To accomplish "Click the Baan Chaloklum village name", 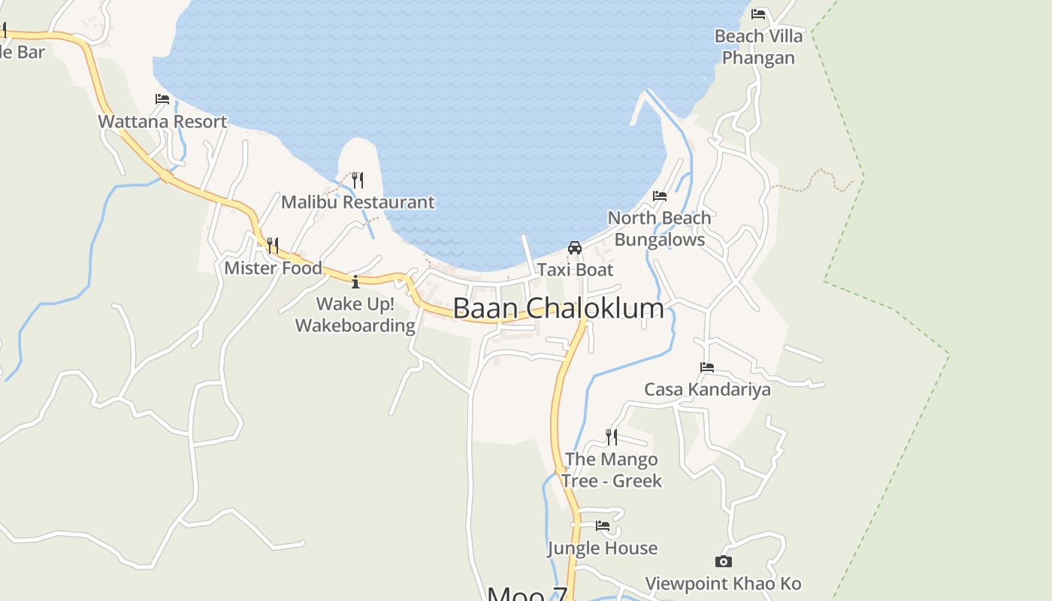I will point(558,309).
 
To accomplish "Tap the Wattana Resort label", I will point(162,122).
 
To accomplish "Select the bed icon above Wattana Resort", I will point(162,99).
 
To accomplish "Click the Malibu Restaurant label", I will point(358,202).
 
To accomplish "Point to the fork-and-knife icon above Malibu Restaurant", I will point(358,180).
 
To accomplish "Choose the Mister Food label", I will point(274,268).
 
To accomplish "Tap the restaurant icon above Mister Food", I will point(273,246).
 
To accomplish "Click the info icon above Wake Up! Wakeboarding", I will point(355,282).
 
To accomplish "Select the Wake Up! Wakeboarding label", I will point(355,315).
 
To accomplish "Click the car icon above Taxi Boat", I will point(575,248).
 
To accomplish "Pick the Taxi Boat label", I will point(575,270).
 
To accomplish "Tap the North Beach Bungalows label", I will point(659,228).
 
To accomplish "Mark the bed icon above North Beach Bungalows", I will point(660,196).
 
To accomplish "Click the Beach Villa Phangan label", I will point(758,47).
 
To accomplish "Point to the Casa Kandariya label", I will point(707,389).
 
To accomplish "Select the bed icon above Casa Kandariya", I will point(707,367).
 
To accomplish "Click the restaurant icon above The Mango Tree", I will point(612,436).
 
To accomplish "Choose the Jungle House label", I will point(603,548).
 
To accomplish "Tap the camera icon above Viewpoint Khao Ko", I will point(724,561).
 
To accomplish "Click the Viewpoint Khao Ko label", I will point(724,584).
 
